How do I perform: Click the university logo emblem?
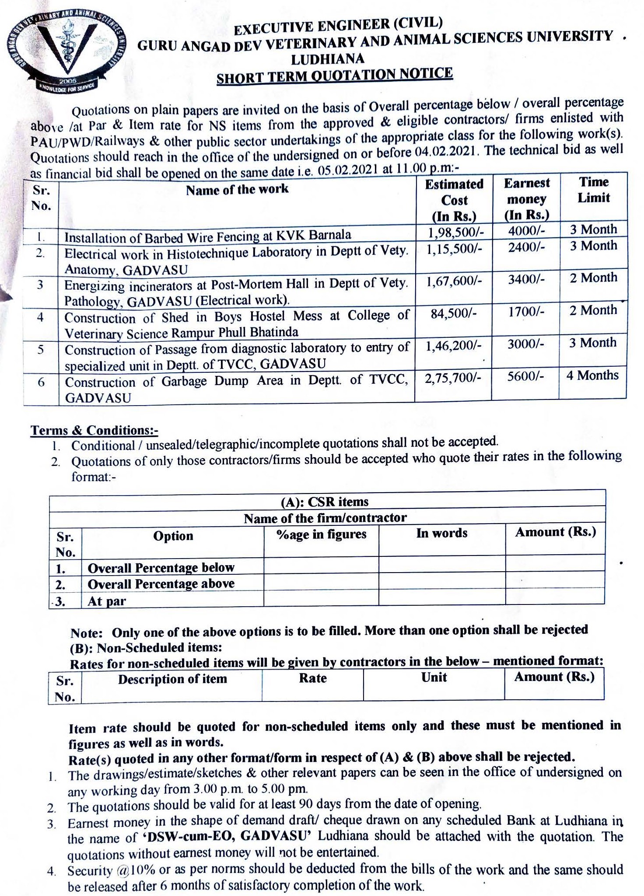click(x=66, y=50)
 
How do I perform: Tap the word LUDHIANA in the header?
click(x=328, y=59)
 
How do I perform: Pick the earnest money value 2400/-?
click(x=526, y=247)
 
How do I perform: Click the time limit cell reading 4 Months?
click(x=592, y=375)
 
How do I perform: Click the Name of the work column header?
click(x=237, y=190)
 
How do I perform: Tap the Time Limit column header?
click(x=594, y=190)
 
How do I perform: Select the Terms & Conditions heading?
click(x=94, y=430)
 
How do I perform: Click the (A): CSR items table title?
click(x=325, y=501)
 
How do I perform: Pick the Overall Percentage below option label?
click(x=161, y=568)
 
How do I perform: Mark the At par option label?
click(x=107, y=601)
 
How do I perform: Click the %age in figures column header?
click(x=322, y=534)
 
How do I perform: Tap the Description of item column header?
click(x=172, y=679)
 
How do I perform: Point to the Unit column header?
click(x=434, y=677)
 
